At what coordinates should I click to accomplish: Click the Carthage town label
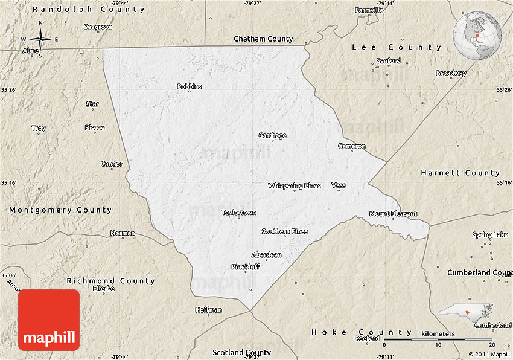(272, 135)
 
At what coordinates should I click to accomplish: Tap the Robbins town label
(189, 86)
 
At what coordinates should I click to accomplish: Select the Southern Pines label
(284, 231)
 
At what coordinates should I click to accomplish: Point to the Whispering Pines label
(295, 186)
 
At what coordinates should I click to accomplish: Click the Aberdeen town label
(266, 255)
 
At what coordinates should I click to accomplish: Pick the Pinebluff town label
(246, 266)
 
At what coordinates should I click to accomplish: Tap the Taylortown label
(238, 213)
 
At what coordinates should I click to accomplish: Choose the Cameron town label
(351, 146)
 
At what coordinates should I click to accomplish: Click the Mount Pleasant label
(393, 214)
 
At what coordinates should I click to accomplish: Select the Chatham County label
(263, 39)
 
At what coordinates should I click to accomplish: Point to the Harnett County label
(460, 173)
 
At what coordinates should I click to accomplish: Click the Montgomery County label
(60, 210)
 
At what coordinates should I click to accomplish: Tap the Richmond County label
(110, 281)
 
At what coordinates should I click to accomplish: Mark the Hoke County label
(361, 332)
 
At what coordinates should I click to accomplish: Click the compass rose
(40, 40)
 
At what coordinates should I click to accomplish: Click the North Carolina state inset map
(465, 311)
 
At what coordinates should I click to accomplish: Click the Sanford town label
(388, 61)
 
